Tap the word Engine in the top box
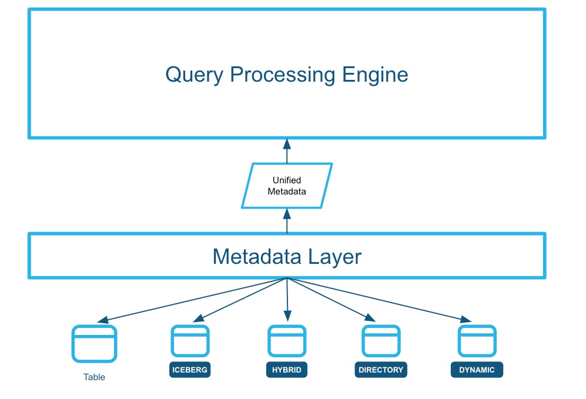(376, 75)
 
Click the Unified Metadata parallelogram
(287, 186)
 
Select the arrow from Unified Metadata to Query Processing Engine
(287, 151)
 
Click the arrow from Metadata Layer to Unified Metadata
(287, 221)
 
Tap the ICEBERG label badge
(189, 370)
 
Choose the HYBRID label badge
(287, 370)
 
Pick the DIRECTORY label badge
(381, 370)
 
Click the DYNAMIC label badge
(477, 370)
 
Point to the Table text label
(94, 377)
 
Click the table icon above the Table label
(94, 344)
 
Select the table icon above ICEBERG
(190, 341)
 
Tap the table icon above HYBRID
(287, 341)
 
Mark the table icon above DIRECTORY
(381, 341)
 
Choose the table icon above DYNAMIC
(477, 341)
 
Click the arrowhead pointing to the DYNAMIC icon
(466, 319)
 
